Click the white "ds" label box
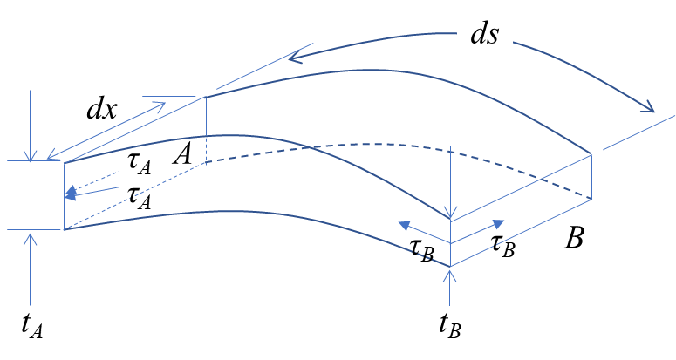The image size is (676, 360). pos(485,34)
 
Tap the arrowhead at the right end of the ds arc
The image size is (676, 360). pos(649,108)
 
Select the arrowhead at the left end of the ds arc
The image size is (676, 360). pos(294,58)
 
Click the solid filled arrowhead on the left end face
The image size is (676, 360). pos(71,195)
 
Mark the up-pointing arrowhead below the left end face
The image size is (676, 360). pos(31,236)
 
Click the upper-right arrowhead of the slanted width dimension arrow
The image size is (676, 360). pos(160,106)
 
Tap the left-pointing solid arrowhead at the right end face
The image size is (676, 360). pos(404,225)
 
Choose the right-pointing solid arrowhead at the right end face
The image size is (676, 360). pos(499,223)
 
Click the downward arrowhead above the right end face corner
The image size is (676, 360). pos(450,214)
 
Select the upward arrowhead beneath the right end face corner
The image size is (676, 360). pos(450,275)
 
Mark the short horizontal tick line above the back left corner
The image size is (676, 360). pos(169,97)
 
